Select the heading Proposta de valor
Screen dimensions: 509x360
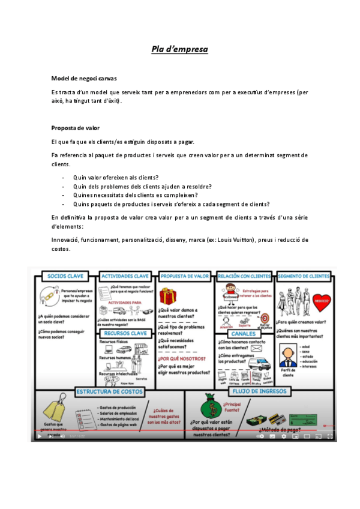[76, 128]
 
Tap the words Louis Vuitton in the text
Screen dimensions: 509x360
[236, 239]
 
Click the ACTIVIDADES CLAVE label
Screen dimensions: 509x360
[125, 276]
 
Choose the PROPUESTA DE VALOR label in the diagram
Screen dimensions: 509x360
[185, 276]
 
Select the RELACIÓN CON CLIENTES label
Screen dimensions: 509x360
[244, 276]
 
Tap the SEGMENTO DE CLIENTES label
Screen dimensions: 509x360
[304, 276]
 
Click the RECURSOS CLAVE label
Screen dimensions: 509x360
[125, 333]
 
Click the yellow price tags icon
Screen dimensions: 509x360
[54, 408]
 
